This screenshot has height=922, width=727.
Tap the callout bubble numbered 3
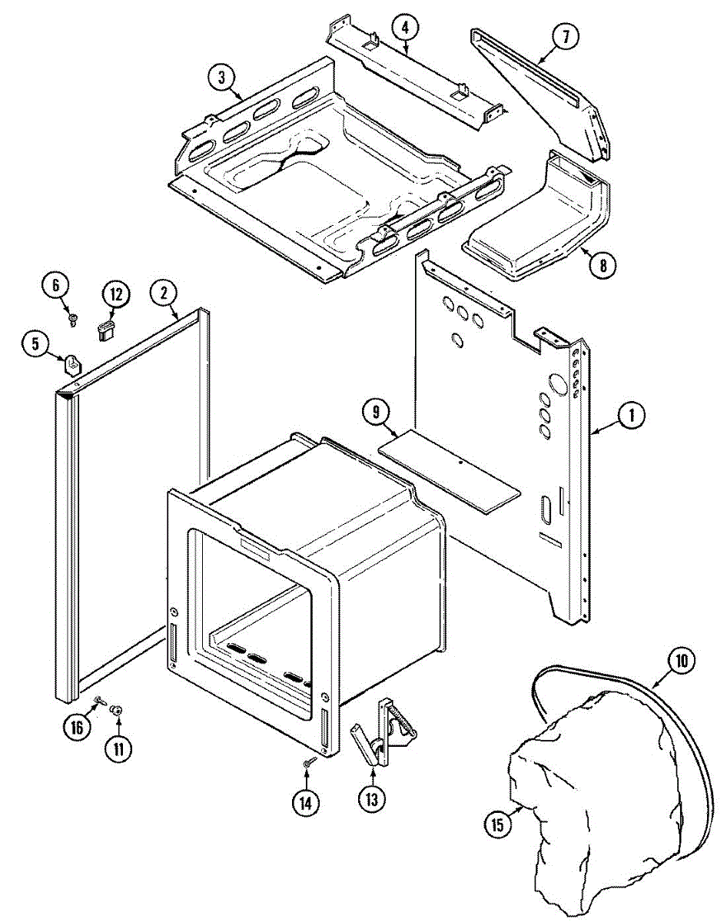[x=221, y=77]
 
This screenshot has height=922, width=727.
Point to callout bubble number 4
[x=404, y=28]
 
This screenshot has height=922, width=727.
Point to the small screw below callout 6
[x=73, y=318]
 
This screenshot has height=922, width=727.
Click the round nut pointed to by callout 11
[x=118, y=711]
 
